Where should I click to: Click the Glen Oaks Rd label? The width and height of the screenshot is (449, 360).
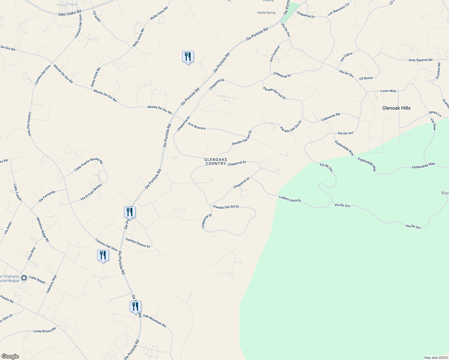70,13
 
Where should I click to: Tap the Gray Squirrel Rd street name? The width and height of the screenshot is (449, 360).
420,60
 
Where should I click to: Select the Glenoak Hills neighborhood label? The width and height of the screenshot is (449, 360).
396,108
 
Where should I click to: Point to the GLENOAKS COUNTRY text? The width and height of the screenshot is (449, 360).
215,162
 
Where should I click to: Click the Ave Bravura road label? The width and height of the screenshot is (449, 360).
197,126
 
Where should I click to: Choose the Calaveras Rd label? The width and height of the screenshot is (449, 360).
330,117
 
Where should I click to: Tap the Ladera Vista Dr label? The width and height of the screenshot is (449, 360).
290,199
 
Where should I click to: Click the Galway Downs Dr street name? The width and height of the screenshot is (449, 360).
138,243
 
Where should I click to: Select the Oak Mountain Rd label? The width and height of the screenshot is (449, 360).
154,320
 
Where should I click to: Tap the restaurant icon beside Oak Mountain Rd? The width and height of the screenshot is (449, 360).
135,307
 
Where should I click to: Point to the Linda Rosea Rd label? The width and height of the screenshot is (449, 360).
45,330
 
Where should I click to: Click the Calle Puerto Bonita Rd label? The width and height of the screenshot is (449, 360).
89,165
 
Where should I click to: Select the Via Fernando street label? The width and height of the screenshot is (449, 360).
47,196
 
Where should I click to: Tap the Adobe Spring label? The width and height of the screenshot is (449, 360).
266,13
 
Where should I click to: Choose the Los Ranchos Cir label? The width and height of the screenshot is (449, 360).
339,9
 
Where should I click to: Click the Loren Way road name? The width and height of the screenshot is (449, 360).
388,91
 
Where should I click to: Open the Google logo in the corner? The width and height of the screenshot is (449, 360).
10,356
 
